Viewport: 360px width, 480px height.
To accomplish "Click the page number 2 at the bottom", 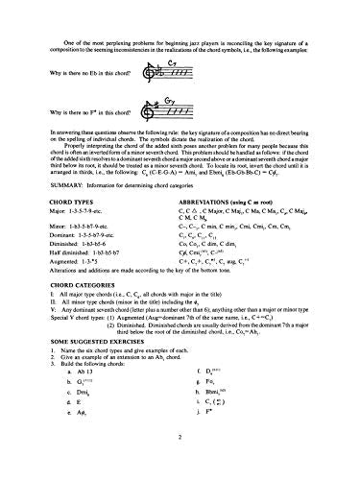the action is (179, 463).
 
